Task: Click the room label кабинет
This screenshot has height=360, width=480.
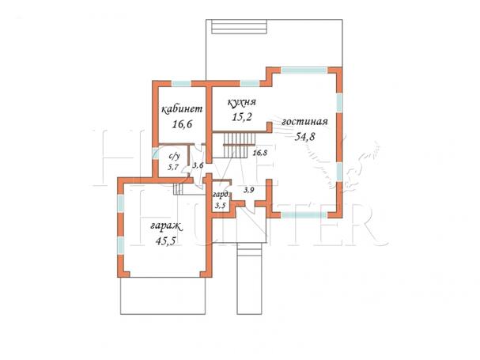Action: (x=182, y=109)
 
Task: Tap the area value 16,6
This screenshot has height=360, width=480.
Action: (x=182, y=124)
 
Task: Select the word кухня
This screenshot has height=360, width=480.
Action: (x=241, y=102)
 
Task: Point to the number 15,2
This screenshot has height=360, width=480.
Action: (x=241, y=117)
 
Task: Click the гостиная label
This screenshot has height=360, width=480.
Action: (x=304, y=122)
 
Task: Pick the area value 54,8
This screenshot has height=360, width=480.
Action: (x=304, y=136)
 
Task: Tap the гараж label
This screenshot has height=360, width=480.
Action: (x=166, y=227)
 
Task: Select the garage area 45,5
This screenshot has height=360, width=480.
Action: (x=165, y=241)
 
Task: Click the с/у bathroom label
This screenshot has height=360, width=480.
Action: (x=174, y=157)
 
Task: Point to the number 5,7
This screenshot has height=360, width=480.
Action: (x=172, y=167)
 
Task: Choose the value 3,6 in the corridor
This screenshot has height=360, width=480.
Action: (x=198, y=165)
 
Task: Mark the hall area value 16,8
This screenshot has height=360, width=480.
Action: (x=260, y=153)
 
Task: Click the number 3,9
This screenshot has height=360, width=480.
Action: (x=248, y=190)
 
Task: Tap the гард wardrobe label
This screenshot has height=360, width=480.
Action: (x=221, y=195)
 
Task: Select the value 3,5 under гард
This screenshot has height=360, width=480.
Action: (x=220, y=205)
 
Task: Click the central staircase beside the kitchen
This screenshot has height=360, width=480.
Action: (x=240, y=145)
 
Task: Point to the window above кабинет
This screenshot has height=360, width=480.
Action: (x=181, y=83)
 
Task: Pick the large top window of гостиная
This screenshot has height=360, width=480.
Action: (x=304, y=70)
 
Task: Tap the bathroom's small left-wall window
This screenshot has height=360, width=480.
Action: (x=155, y=153)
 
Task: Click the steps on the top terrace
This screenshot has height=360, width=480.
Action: (x=239, y=26)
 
